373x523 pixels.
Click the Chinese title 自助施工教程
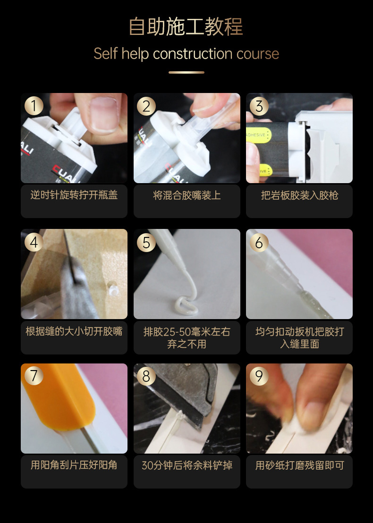[186, 27]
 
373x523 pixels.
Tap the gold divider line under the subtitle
[186, 72]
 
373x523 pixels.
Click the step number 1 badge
[34, 106]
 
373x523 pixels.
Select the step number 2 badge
[146, 106]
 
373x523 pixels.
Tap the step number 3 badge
[259, 106]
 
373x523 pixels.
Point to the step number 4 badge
[34, 242]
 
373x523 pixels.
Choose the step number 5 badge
[146, 242]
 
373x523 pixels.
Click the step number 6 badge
[259, 242]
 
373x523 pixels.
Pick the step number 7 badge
[34, 376]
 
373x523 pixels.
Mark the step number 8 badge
[146, 376]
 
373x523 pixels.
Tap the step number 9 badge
[259, 376]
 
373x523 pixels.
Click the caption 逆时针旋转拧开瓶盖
[74, 195]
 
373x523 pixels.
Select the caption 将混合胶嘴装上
[186, 195]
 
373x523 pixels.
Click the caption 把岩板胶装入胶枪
[299, 195]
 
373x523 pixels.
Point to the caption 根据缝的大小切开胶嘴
[74, 331]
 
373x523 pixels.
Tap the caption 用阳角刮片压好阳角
[74, 465]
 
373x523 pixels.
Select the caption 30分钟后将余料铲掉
[186, 465]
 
